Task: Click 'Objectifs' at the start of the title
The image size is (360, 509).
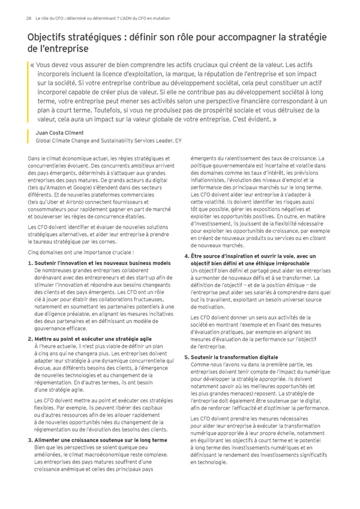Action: pyautogui.click(x=49, y=38)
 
